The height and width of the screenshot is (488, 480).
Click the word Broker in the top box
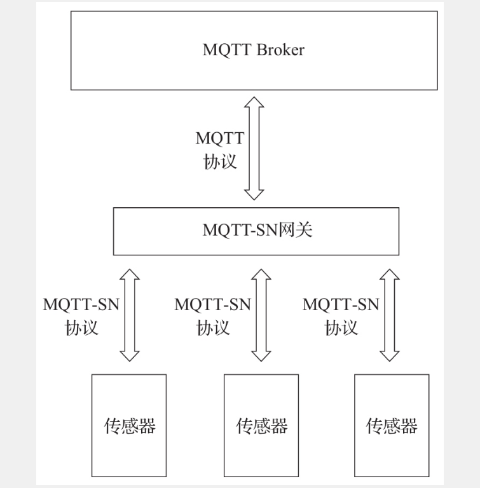tap(280, 51)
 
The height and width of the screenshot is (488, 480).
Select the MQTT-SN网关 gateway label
tap(257, 230)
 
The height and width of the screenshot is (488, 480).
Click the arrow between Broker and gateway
tap(254, 148)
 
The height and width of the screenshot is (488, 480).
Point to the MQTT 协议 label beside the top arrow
tap(220, 149)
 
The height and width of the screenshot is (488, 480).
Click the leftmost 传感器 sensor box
tap(129, 425)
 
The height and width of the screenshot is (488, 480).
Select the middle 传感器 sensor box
tap(261, 425)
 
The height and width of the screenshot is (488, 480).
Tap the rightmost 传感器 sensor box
tap(392, 425)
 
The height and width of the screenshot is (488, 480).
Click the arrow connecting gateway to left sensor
tap(130, 315)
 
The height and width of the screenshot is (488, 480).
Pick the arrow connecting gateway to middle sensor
tap(261, 315)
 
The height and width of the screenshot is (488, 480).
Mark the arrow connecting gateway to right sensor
tap(390, 315)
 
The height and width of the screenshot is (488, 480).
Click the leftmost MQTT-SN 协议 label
tap(81, 315)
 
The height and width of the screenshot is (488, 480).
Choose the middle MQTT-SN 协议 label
tap(212, 315)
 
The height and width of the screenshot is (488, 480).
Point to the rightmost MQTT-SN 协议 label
tap(341, 315)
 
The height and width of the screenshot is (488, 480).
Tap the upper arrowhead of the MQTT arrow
tap(254, 104)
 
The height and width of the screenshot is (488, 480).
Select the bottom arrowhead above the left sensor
tap(130, 354)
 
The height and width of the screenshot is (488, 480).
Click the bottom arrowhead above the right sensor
tap(390, 354)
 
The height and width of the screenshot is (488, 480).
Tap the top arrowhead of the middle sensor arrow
tap(261, 275)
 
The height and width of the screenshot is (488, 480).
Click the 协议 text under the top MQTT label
tap(220, 161)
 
